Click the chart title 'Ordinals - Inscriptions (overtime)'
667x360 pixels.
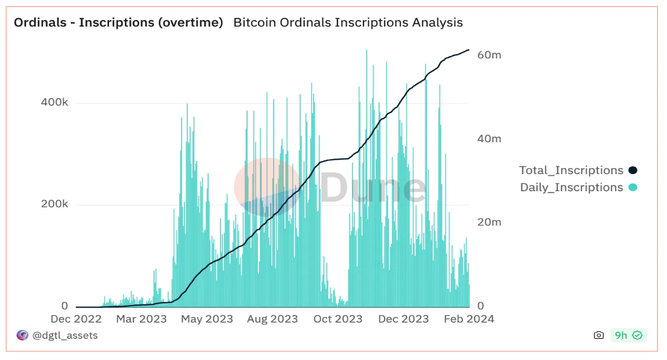click(118, 23)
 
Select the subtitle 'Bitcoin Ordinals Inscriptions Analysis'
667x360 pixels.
click(348, 23)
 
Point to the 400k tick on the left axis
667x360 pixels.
click(54, 103)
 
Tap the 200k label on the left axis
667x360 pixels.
click(54, 205)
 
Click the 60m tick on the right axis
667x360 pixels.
click(489, 55)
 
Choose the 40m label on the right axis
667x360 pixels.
click(489, 139)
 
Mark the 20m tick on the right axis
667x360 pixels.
click(489, 222)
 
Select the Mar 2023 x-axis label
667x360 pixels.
click(142, 319)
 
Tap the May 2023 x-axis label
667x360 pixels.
click(207, 319)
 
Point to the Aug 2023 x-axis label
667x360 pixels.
click(272, 319)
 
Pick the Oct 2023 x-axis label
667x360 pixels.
click(338, 319)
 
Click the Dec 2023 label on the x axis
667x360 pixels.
click(403, 319)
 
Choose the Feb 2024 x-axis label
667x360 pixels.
click(468, 319)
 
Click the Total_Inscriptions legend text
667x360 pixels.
click(571, 171)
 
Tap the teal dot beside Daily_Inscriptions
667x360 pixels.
click(633, 188)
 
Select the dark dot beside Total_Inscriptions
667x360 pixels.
click(633, 171)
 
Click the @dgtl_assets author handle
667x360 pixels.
click(65, 335)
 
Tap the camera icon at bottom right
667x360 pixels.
click(599, 335)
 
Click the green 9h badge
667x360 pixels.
click(628, 335)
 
